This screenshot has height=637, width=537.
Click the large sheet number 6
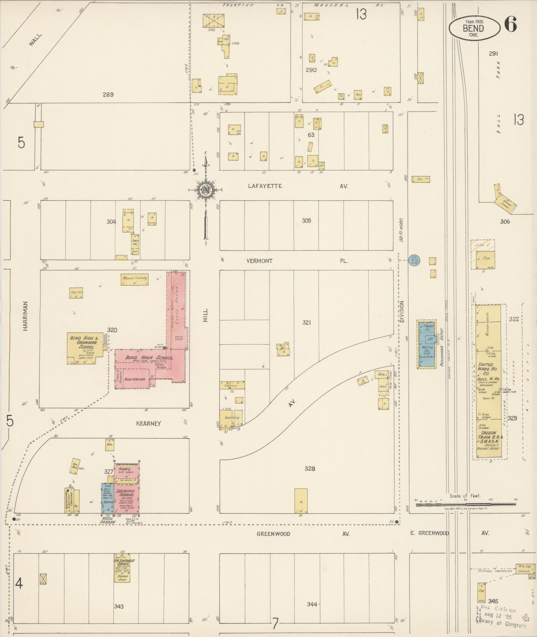click(x=510, y=25)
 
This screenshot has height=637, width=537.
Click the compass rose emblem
click(x=206, y=190)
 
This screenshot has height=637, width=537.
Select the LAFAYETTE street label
click(x=265, y=186)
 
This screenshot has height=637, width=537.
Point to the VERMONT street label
click(x=259, y=261)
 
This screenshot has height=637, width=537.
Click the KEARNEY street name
click(x=148, y=424)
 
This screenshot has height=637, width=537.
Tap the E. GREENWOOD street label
click(x=429, y=533)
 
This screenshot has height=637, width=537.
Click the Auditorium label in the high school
click(x=134, y=379)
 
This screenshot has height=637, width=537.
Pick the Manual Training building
click(x=134, y=280)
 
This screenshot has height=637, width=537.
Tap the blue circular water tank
click(x=414, y=260)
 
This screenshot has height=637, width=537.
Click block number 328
click(x=310, y=469)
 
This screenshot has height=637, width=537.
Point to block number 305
click(x=306, y=220)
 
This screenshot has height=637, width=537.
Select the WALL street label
click(x=35, y=39)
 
